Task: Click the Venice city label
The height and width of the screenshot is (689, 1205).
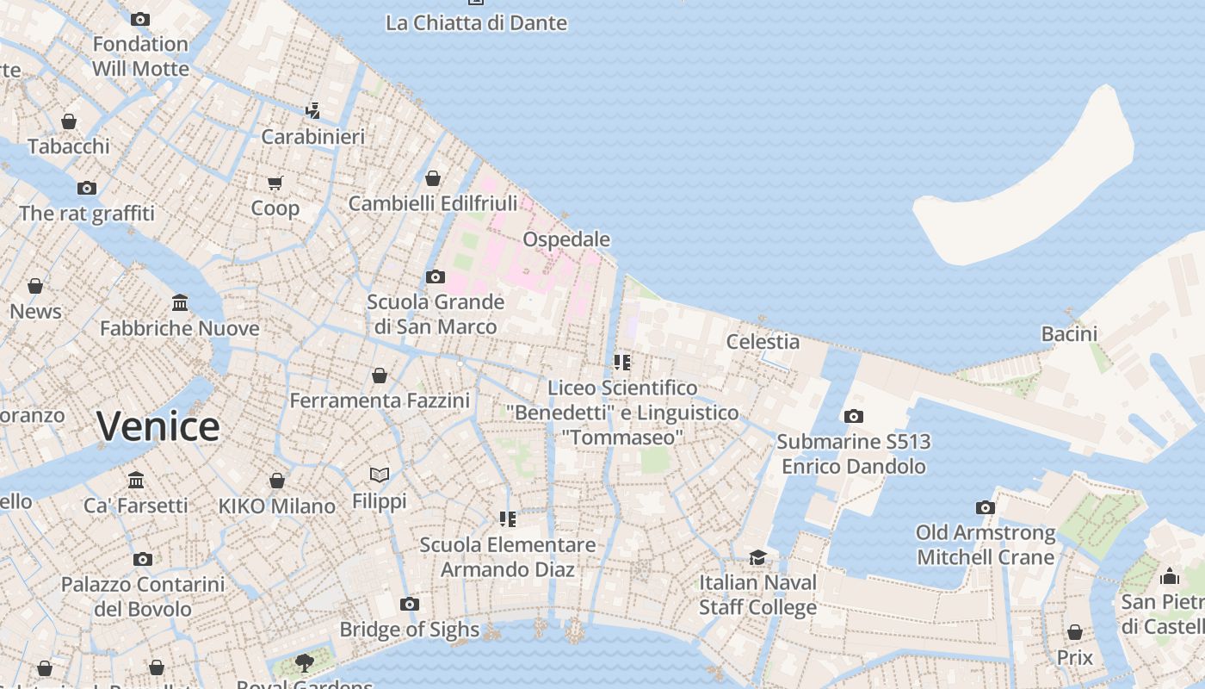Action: [158, 426]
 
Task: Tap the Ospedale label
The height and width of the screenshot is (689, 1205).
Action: [566, 239]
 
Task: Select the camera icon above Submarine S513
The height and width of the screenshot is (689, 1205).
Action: [854, 416]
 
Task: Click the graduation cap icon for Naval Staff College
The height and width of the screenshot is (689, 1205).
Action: [757, 557]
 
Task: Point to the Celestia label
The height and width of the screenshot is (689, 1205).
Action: [763, 341]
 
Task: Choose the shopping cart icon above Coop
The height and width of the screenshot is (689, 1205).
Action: [275, 183]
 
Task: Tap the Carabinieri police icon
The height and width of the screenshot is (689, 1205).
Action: [313, 110]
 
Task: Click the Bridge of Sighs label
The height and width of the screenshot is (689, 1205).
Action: [409, 630]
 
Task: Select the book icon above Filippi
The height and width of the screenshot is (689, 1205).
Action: [380, 475]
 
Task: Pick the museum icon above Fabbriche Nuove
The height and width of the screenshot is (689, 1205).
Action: [180, 302]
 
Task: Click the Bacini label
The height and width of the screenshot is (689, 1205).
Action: [1069, 333]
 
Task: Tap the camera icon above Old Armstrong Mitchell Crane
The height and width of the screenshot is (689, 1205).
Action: [986, 507]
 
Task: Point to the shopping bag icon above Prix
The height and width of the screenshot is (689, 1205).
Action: [1075, 632]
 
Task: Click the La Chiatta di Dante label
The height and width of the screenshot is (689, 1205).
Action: [476, 22]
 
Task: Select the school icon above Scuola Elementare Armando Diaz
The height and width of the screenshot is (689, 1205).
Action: [508, 518]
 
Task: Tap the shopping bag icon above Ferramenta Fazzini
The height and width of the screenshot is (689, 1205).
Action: [380, 376]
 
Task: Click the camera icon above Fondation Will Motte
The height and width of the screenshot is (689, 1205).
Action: [140, 18]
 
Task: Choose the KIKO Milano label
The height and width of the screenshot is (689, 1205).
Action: [276, 506]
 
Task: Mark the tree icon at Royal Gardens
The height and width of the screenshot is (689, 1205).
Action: [304, 661]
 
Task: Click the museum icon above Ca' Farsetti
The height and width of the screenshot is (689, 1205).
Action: [136, 480]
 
